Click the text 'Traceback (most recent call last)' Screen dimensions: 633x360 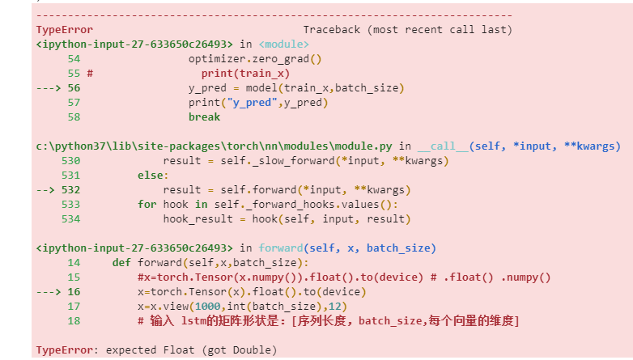click(x=407, y=29)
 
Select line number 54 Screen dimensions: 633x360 click(x=74, y=58)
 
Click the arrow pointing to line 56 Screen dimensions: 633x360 click(x=49, y=87)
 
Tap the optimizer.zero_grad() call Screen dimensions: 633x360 click(x=255, y=58)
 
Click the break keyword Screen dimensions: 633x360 click(x=204, y=116)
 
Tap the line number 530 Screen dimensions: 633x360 click(x=70, y=160)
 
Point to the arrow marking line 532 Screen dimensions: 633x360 click(x=46, y=190)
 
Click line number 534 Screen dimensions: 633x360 click(x=70, y=218)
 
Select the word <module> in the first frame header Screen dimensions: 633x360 click(x=283, y=44)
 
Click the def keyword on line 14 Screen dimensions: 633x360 click(x=121, y=262)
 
